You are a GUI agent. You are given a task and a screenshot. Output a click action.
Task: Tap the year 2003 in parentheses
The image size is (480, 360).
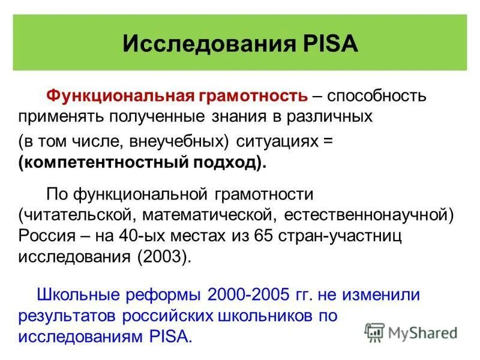[x=160, y=256]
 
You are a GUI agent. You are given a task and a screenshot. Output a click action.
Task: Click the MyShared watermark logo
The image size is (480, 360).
[x=410, y=332]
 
